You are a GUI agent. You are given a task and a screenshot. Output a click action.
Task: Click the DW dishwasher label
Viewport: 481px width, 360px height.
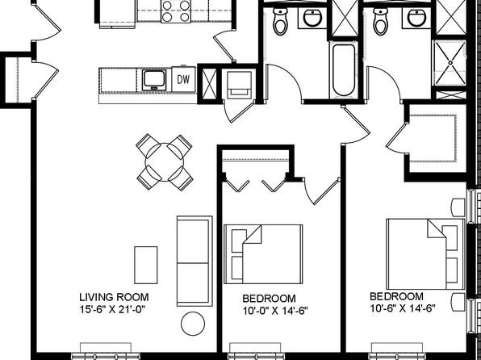(183, 79)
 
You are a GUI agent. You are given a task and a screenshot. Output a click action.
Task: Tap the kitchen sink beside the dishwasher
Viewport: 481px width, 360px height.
(154, 80)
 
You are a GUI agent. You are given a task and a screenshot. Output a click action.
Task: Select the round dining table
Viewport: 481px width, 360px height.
(165, 162)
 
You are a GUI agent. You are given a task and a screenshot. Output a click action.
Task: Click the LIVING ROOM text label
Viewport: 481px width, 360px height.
(114, 297)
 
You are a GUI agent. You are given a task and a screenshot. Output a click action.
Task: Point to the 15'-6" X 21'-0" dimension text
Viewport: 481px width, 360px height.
(112, 309)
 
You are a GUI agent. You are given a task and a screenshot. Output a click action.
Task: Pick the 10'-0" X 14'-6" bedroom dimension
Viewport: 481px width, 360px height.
(275, 311)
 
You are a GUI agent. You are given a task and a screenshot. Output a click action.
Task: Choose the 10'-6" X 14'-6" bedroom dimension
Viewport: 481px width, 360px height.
(403, 308)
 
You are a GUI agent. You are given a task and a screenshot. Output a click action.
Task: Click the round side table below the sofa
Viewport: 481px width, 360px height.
(193, 324)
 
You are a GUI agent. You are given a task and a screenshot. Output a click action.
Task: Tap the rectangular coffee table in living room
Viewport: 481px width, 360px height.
(146, 265)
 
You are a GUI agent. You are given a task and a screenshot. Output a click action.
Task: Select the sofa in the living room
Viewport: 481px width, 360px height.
(194, 262)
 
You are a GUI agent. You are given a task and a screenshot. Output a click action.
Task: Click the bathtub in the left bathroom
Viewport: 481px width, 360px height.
(344, 70)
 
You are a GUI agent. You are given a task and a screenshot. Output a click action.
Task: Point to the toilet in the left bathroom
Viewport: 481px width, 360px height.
(280, 22)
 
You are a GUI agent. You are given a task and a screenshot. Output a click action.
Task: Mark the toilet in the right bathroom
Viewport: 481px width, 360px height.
(380, 21)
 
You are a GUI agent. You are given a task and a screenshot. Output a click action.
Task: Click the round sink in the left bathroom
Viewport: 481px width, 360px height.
(312, 18)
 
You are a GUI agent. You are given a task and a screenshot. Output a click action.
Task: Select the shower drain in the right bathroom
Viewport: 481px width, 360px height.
(450, 63)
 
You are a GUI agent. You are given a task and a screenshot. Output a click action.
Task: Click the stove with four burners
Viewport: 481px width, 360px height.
(176, 11)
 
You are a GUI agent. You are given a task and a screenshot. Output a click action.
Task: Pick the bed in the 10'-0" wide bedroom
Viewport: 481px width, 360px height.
(263, 254)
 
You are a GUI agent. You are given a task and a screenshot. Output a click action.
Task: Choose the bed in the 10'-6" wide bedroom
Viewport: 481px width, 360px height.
(426, 254)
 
